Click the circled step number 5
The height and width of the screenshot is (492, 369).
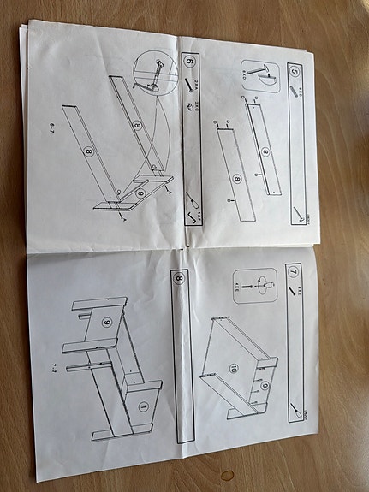tap(294, 71)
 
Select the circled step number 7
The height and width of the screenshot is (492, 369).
tap(294, 274)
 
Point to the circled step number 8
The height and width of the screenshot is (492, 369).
tap(179, 278)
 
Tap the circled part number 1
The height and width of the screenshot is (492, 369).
tap(143, 406)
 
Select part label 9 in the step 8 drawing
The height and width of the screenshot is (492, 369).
tap(107, 323)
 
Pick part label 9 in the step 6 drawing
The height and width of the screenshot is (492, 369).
tap(140, 193)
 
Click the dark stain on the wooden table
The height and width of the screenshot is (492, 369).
tap(227, 474)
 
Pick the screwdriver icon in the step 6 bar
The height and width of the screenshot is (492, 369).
tap(194, 205)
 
